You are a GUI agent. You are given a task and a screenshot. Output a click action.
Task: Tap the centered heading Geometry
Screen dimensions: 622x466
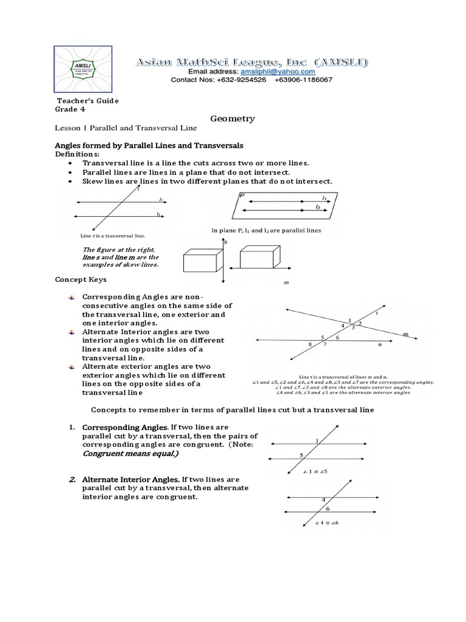[232, 119]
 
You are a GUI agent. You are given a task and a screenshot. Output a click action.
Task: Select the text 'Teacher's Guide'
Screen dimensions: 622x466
[88, 101]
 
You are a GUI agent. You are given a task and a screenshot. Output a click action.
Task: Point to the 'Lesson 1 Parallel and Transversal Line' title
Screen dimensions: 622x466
[125, 129]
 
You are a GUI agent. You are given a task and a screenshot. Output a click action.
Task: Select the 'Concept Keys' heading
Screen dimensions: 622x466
[81, 279]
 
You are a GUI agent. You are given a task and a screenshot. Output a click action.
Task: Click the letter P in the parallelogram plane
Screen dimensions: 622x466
[241, 196]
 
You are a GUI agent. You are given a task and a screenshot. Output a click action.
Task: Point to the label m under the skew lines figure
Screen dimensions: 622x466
[286, 283]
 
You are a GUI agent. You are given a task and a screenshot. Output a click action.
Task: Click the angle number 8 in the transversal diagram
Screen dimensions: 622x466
[309, 344]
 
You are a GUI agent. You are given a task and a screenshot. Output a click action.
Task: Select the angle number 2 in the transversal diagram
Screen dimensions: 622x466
[360, 323]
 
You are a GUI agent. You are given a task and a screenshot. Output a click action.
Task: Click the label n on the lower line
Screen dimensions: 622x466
[380, 344]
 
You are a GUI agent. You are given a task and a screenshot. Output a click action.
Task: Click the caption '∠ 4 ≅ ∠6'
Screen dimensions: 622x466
[326, 523]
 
